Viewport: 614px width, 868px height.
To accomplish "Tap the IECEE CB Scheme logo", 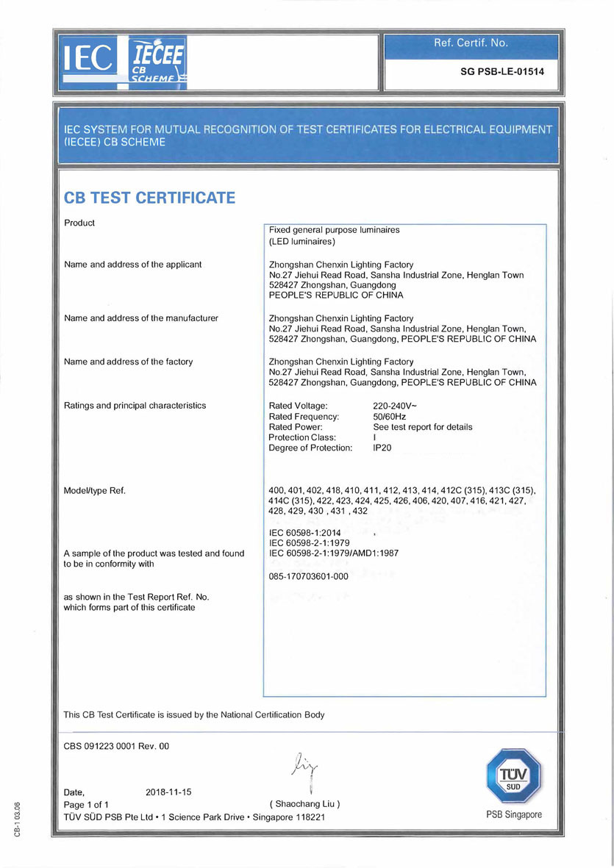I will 157,63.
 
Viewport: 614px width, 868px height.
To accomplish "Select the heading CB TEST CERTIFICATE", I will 150,198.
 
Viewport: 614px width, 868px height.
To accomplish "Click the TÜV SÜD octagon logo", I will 513,776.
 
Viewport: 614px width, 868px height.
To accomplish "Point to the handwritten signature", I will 304,769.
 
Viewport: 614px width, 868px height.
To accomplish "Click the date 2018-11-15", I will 168,792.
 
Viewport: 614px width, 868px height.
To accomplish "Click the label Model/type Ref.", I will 96,490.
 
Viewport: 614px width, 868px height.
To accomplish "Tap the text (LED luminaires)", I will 302,241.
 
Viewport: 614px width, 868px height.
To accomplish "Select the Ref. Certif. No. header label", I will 471,43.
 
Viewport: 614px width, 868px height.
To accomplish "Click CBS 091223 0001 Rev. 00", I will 117,746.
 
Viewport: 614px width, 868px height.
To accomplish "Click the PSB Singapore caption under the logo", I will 513,814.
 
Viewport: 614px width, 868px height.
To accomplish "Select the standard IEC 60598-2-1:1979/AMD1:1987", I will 334,553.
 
